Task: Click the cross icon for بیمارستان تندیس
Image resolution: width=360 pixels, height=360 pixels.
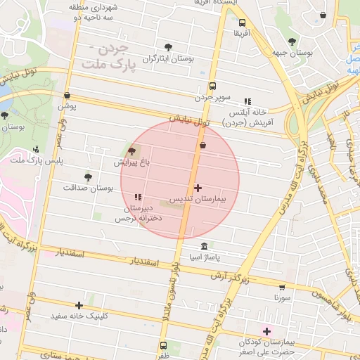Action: [x=198, y=188]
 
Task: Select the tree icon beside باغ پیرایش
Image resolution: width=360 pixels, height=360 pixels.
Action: [x=131, y=151]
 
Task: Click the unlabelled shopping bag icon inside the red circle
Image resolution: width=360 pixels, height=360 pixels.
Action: [x=203, y=145]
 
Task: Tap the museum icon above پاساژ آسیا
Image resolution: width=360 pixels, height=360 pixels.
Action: [x=204, y=246]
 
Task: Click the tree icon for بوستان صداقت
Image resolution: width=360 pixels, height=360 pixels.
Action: [x=88, y=177]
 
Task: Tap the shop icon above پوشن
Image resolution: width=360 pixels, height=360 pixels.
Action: [x=67, y=96]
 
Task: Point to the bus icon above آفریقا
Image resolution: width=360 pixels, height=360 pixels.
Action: [x=242, y=22]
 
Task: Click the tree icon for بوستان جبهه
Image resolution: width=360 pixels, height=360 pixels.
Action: [x=292, y=41]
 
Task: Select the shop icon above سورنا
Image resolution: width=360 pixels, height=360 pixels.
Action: [x=283, y=287]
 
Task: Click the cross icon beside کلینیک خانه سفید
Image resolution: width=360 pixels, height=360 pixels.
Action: [x=79, y=305]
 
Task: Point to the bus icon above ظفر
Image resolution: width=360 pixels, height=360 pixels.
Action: [x=164, y=345]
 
